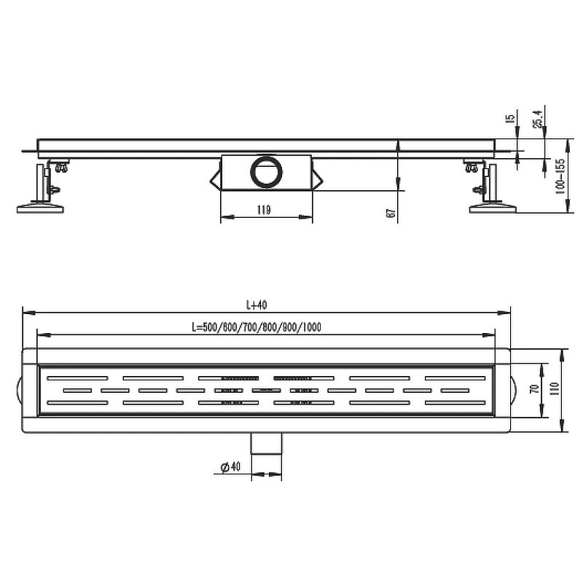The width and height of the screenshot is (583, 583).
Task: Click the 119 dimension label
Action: [264, 210]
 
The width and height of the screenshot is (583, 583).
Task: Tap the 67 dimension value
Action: [391, 213]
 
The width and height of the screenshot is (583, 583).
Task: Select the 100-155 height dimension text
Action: [560, 176]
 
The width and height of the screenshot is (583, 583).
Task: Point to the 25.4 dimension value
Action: [538, 119]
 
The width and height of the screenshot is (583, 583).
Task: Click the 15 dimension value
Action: [511, 118]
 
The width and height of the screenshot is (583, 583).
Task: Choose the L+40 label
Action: [257, 305]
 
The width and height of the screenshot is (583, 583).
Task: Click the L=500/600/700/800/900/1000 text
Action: [257, 327]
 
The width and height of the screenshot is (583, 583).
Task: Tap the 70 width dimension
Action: [535, 389]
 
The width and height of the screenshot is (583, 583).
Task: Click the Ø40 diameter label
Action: [230, 466]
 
